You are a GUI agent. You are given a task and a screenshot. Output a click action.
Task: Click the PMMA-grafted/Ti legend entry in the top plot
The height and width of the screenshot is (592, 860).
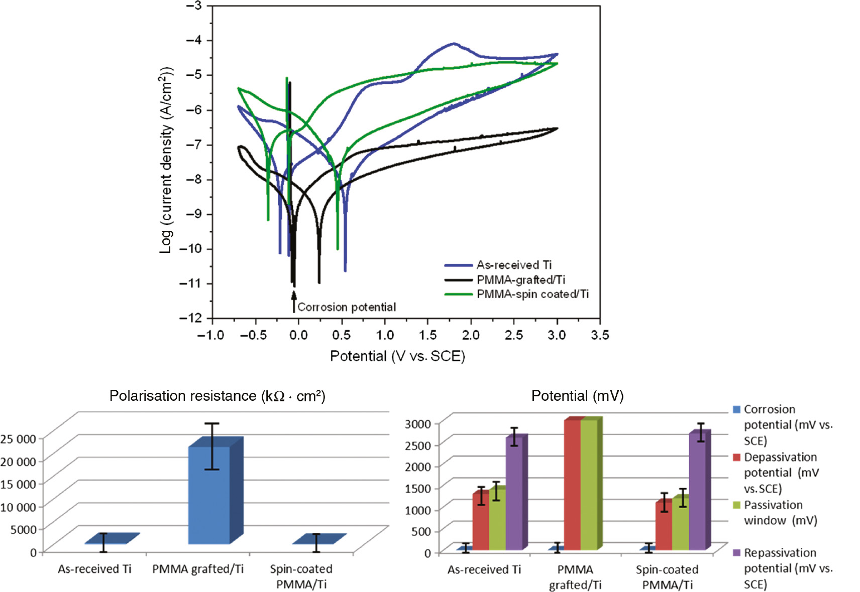(520, 279)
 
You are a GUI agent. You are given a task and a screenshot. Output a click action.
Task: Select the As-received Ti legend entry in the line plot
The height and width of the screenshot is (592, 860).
(513, 265)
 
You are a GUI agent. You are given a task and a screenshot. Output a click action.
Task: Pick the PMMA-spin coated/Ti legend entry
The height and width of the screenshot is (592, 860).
(532, 294)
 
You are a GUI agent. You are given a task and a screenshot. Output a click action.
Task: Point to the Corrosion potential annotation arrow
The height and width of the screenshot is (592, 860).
(294, 302)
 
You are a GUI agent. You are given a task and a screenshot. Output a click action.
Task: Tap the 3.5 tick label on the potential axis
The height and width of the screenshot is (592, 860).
(600, 335)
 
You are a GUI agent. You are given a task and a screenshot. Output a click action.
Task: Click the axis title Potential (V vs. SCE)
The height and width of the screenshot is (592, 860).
(397, 356)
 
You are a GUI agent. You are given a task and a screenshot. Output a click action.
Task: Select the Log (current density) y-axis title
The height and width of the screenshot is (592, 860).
(166, 160)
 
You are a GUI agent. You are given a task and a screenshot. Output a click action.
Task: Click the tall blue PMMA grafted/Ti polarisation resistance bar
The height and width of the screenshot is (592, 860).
(209, 494)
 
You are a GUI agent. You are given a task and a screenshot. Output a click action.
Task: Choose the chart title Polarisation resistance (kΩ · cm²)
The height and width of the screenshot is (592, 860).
(217, 396)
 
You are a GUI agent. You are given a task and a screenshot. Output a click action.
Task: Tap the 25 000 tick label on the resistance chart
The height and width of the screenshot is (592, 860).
(19, 439)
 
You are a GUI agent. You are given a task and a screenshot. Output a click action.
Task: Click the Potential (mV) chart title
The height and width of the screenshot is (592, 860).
(577, 396)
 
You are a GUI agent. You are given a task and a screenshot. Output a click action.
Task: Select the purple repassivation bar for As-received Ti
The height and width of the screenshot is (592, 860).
(514, 494)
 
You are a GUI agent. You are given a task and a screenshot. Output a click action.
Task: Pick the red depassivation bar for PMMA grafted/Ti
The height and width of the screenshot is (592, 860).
(572, 484)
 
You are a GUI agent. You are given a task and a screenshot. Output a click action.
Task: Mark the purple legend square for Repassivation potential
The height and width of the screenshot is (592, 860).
(737, 552)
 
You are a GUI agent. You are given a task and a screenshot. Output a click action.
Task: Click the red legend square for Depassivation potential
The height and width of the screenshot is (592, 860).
(737, 457)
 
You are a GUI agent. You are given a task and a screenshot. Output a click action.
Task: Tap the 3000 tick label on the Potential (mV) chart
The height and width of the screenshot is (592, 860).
(418, 424)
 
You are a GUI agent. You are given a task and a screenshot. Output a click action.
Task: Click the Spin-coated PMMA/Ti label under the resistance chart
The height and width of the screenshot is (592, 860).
(301, 576)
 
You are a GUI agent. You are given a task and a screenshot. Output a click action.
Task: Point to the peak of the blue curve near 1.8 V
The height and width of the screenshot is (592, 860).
(454, 44)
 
